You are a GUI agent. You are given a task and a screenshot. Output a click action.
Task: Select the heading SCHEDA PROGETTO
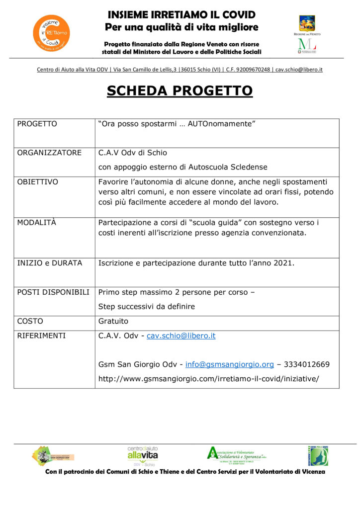180,91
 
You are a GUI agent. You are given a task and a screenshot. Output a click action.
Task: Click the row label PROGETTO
37,124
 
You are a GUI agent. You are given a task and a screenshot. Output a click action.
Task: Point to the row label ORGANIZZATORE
49,153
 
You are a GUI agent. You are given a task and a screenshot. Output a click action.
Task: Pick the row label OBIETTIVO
38,182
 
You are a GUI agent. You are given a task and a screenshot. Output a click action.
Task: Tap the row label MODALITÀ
37,223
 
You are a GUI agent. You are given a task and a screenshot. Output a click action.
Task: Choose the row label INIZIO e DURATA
50,263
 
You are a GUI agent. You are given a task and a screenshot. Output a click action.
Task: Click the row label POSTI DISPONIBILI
53,292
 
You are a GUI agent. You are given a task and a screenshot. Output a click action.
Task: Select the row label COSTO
30,321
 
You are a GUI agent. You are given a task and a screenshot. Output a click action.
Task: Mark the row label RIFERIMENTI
41,336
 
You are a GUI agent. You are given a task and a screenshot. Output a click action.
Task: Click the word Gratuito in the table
113,321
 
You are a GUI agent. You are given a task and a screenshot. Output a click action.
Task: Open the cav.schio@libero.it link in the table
181,336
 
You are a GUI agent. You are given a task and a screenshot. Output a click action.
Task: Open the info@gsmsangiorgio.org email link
229,365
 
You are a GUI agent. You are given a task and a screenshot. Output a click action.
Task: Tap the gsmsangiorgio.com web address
208,379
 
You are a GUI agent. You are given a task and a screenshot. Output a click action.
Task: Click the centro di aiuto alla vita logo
143,455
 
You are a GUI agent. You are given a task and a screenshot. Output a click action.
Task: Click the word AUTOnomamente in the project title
221,124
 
